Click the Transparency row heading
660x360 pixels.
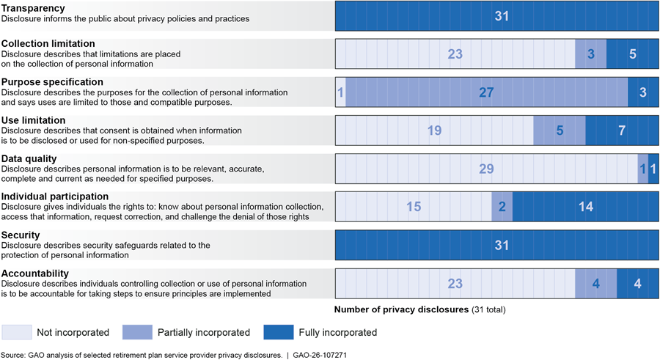(33, 8)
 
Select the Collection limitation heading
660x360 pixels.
(48, 44)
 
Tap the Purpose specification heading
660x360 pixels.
(52, 82)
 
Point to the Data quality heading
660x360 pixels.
(29, 158)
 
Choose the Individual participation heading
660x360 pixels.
(55, 196)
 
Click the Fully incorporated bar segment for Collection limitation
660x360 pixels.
(632, 54)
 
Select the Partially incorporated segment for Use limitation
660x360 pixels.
(559, 131)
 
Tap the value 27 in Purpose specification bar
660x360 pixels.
(486, 92)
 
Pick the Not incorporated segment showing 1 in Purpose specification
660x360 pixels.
(340, 92)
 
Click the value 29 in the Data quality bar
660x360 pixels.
(486, 169)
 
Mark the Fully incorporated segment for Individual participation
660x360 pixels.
(585, 207)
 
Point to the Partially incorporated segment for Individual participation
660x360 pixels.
(502, 207)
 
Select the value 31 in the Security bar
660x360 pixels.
(502, 245)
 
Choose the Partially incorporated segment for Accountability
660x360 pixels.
(595, 283)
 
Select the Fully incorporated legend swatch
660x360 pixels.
(277, 332)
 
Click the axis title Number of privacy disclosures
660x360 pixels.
(401, 309)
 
